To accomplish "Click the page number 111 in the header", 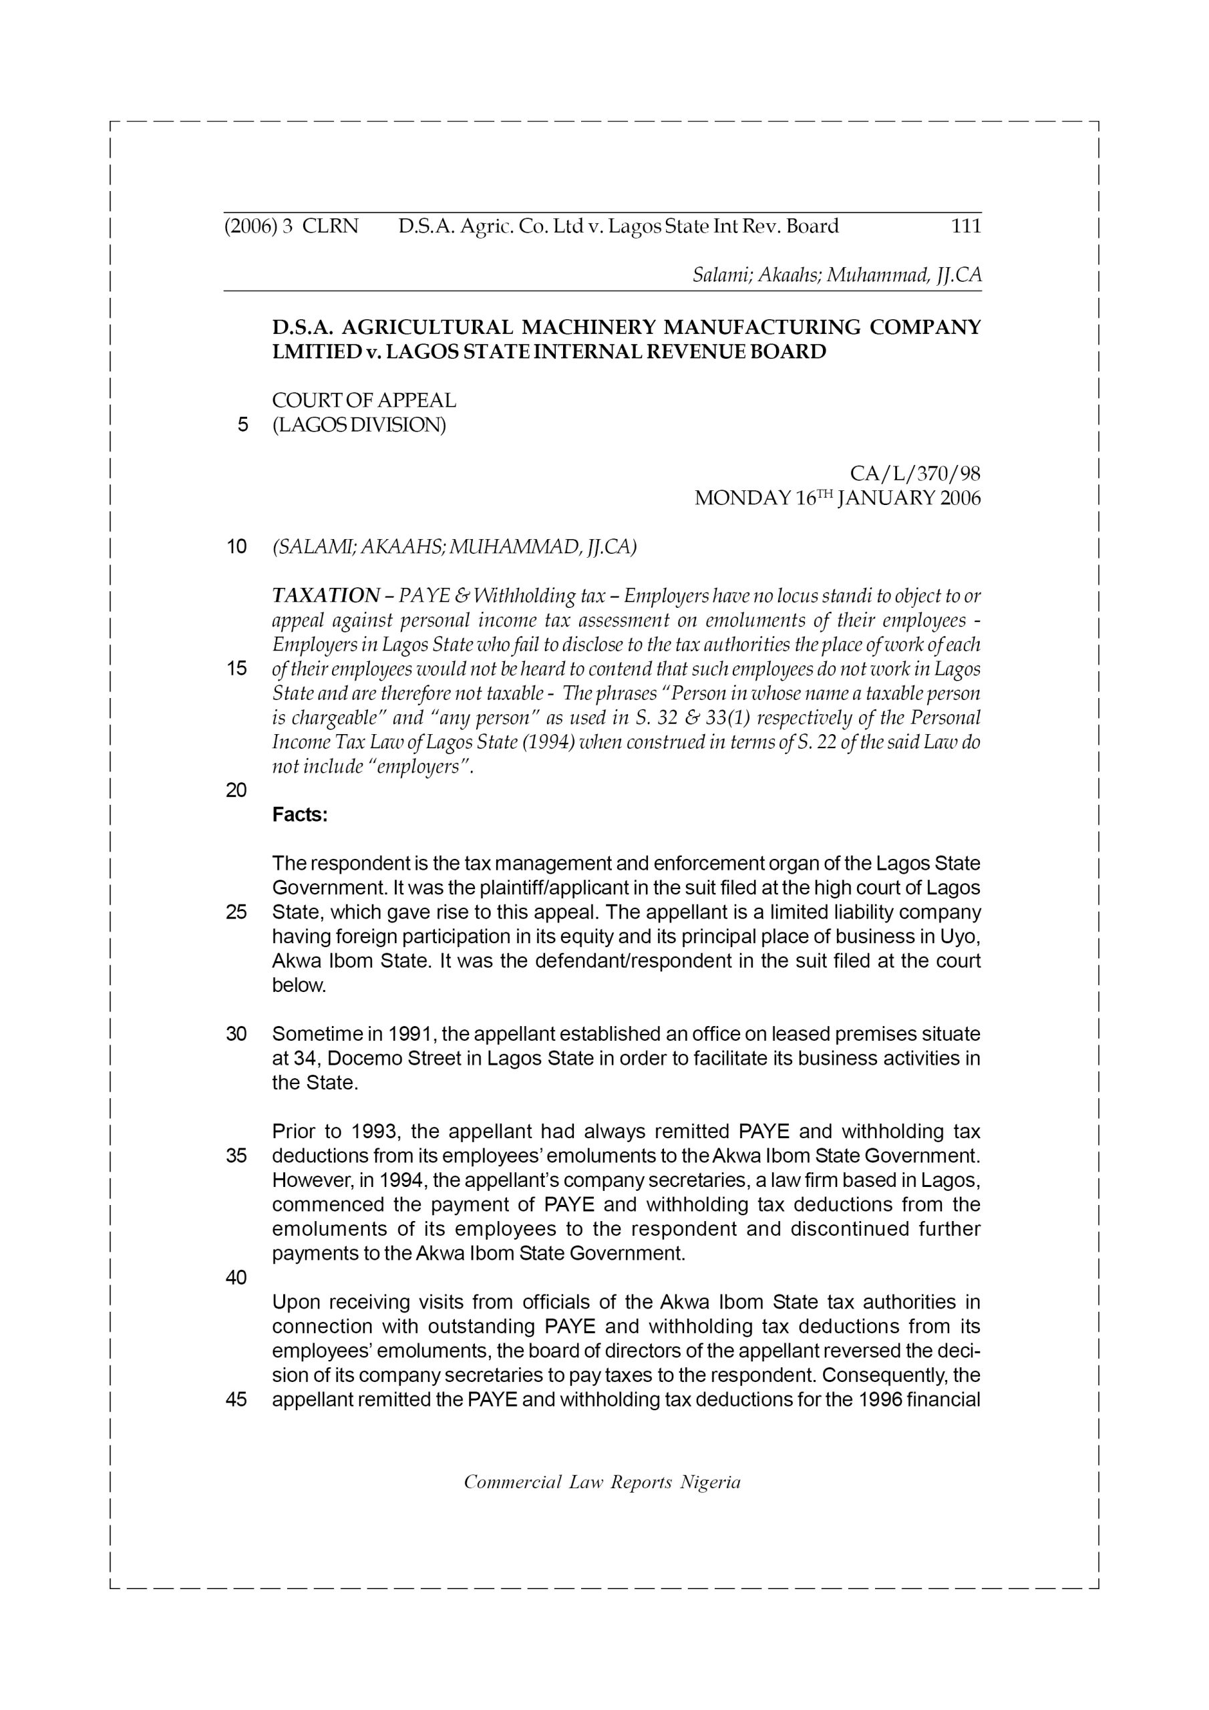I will coord(966,226).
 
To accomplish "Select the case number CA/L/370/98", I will coord(914,474).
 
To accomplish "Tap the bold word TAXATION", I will coord(326,596).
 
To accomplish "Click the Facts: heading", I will coord(299,816).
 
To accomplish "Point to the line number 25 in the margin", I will coord(236,912).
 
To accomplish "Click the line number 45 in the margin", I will coord(236,1399).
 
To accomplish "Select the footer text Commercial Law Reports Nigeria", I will coord(602,1482).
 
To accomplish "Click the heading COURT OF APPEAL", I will coord(363,401).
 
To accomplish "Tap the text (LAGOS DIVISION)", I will coord(359,425).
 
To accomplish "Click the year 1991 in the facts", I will coord(409,1035).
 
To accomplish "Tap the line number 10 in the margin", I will coord(236,548).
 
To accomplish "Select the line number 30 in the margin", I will coord(236,1035).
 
